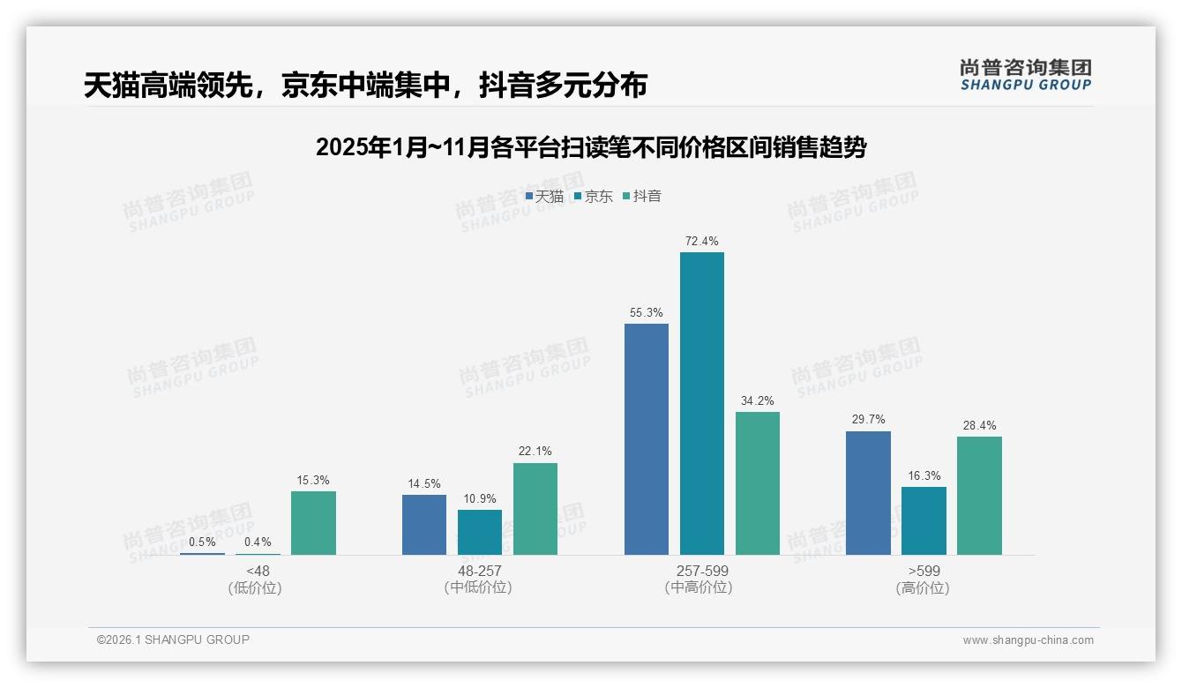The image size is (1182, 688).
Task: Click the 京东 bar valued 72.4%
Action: click(701, 403)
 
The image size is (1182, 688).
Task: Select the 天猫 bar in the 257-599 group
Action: click(647, 439)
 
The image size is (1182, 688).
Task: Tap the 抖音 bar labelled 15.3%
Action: click(313, 523)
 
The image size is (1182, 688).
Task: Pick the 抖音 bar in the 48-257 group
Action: click(535, 509)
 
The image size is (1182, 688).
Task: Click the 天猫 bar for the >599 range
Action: click(868, 493)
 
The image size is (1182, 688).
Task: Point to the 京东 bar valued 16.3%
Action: click(924, 520)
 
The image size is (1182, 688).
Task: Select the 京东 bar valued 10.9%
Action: click(480, 532)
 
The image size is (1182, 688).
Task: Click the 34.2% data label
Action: click(758, 400)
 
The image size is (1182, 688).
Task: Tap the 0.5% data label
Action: click(202, 542)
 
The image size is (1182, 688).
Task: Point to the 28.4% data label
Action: click(979, 425)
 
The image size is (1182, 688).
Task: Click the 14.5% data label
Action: click(424, 483)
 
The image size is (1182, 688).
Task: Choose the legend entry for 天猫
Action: click(544, 196)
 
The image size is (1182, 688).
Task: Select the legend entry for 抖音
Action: click(642, 196)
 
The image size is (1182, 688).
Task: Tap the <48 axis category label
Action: click(258, 571)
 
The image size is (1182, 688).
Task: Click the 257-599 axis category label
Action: click(701, 571)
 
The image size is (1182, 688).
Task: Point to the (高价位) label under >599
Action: click(923, 588)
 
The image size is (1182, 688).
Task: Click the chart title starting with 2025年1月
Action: click(591, 147)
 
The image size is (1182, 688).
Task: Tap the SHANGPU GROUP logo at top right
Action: click(1025, 74)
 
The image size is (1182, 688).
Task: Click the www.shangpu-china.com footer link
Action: click(1028, 640)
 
